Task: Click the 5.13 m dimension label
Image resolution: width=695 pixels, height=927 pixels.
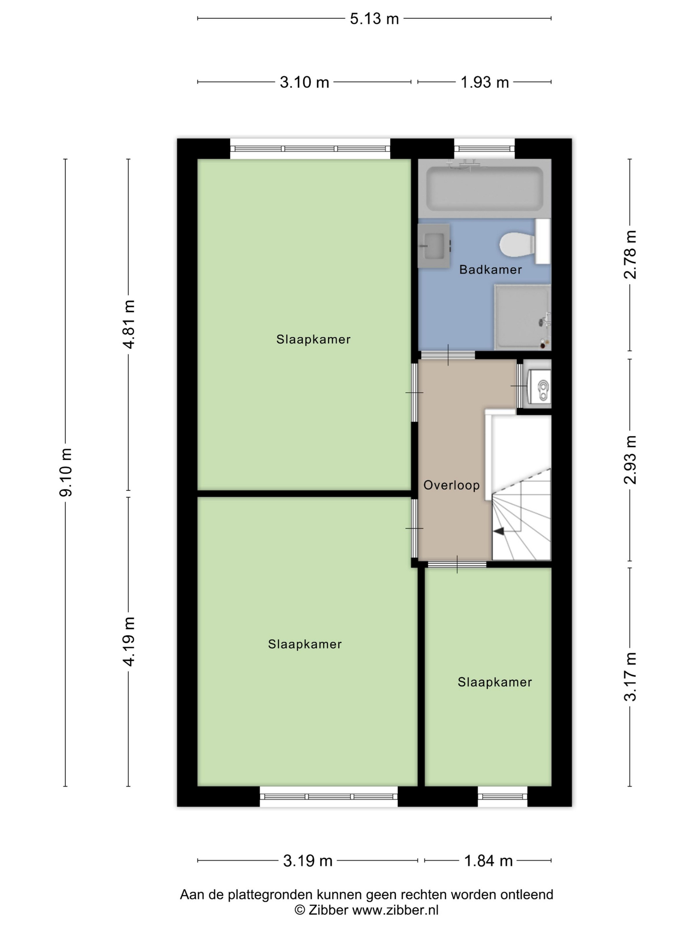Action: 374,19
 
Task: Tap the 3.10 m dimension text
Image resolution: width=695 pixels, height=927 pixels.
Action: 304,82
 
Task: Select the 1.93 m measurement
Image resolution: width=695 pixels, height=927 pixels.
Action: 485,82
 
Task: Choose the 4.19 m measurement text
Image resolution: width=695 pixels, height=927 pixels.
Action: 129,642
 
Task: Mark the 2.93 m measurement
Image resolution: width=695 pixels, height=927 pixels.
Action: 630,460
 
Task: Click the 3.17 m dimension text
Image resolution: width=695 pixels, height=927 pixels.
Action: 630,677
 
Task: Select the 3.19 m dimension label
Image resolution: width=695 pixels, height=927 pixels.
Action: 308,861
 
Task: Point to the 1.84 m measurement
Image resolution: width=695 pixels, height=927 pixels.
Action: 488,861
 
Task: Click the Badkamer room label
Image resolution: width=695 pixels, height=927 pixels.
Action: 490,269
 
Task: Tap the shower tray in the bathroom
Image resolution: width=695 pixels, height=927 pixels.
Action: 522,317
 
